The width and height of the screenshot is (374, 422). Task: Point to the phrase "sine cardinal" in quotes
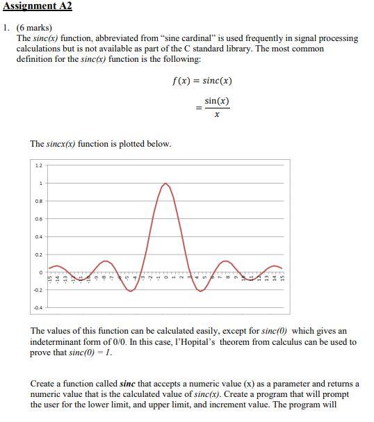(x=227, y=38)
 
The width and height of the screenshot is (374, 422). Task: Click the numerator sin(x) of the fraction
(x=217, y=102)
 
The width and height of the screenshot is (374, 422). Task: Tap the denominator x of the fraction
(x=217, y=115)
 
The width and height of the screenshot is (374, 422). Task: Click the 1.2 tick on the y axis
(x=38, y=165)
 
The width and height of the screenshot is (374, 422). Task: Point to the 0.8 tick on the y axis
(x=38, y=201)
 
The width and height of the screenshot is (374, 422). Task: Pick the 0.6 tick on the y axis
(x=38, y=218)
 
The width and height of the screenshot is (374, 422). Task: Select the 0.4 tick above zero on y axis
(x=38, y=236)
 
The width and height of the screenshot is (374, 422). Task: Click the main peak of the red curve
(x=165, y=184)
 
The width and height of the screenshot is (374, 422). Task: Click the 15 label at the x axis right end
(x=282, y=278)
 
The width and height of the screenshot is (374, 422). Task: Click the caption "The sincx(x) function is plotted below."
(x=100, y=144)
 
